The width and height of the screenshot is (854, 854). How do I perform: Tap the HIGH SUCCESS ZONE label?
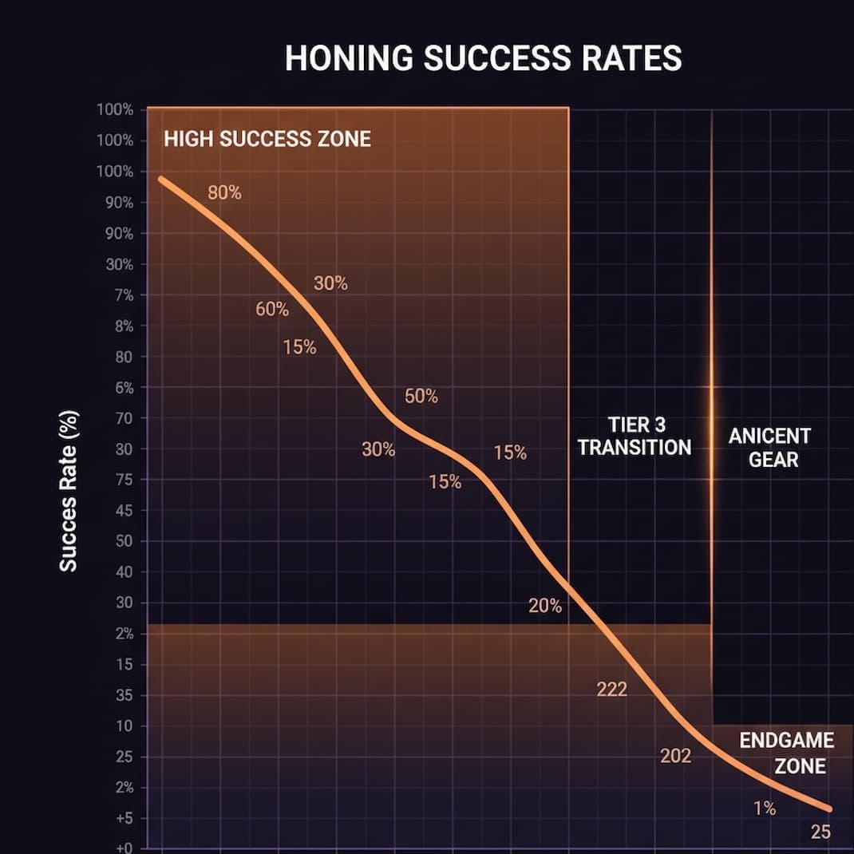[267, 139]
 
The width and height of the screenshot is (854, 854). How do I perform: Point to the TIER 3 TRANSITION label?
[635, 436]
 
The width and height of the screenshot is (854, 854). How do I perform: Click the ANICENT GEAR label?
[769, 447]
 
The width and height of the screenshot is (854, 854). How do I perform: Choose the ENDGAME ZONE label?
[786, 753]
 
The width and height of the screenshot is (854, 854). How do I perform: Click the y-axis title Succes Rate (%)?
[69, 508]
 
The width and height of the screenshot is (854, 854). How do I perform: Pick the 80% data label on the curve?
[224, 192]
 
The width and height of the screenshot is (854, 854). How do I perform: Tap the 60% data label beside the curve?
[272, 310]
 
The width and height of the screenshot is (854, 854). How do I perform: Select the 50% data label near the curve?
[421, 396]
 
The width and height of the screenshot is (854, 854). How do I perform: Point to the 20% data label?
[545, 607]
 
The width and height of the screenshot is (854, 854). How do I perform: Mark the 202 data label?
[675, 756]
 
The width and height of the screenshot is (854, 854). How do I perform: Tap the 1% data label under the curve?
[765, 809]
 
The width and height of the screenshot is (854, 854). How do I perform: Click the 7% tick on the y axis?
[121, 296]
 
